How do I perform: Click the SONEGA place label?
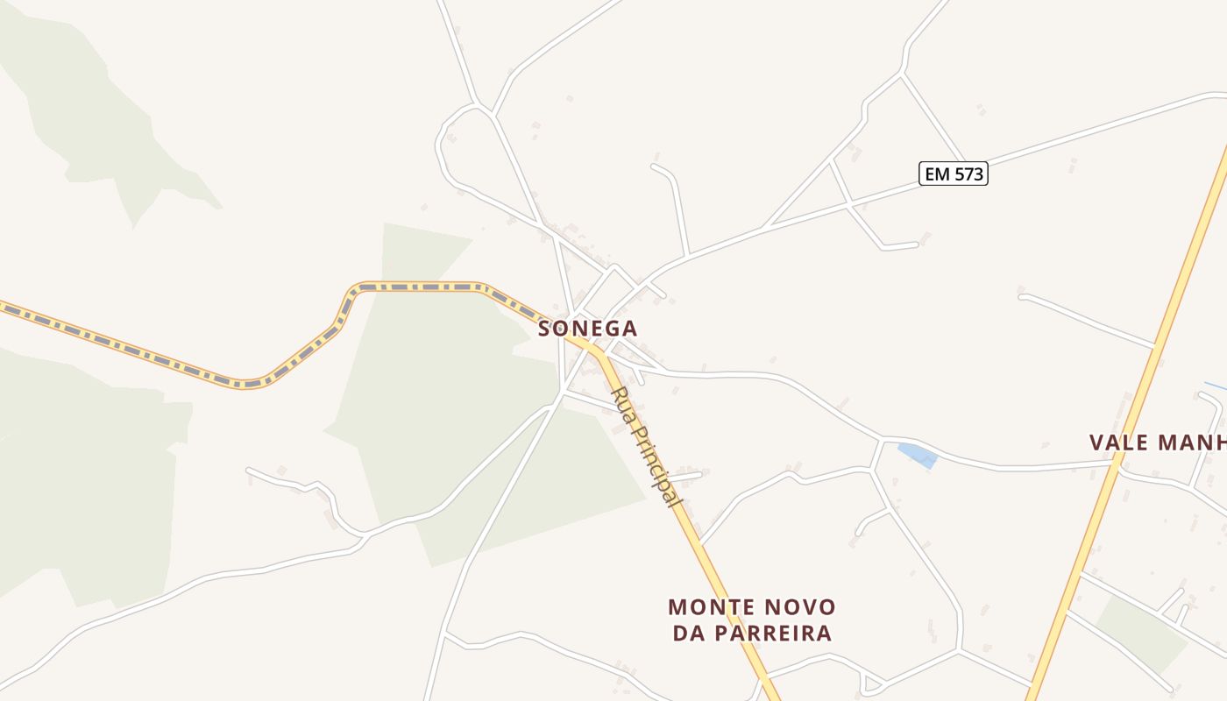tap(587, 329)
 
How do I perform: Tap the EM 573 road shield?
tap(954, 173)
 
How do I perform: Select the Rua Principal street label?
tap(646, 447)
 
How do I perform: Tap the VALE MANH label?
tap(1157, 443)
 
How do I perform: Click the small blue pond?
tap(918, 455)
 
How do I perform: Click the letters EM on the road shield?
tap(937, 173)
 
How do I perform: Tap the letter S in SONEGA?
tap(544, 329)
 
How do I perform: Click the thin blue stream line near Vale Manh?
tap(1215, 386)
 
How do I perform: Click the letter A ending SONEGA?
tap(629, 329)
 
